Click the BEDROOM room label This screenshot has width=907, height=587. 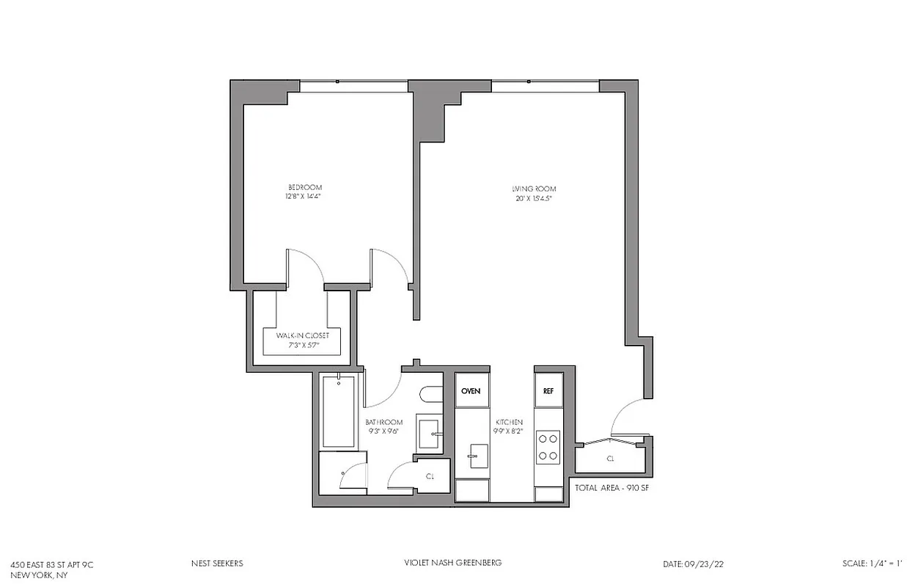click(x=304, y=188)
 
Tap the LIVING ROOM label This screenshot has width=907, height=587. click(x=534, y=189)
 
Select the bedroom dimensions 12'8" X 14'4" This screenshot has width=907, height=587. click(x=304, y=197)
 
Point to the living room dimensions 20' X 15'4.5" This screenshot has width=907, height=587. click(x=534, y=199)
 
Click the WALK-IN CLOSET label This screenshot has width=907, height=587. click(x=303, y=335)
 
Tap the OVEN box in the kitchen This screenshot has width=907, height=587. click(x=471, y=391)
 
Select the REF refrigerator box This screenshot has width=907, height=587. click(x=548, y=391)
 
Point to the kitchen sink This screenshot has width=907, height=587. click(x=474, y=456)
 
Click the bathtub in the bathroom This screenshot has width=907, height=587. click(x=339, y=412)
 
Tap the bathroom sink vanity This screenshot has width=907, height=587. click(x=429, y=434)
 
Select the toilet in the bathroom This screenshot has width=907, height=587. click(x=430, y=395)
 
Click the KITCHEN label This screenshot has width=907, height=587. click(x=509, y=423)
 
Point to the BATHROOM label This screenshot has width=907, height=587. click(x=384, y=423)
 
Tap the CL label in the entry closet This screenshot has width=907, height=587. click(x=610, y=459)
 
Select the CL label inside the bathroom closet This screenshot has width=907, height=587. click(x=430, y=476)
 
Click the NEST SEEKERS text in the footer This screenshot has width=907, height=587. click(x=216, y=564)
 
